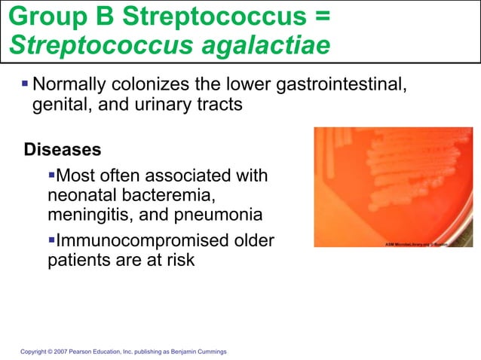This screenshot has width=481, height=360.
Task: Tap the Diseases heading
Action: [63, 148]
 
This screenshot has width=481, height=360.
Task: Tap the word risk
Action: [179, 261]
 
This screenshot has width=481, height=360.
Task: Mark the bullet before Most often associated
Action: [51, 175]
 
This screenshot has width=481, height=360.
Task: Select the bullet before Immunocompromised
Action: [51, 241]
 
